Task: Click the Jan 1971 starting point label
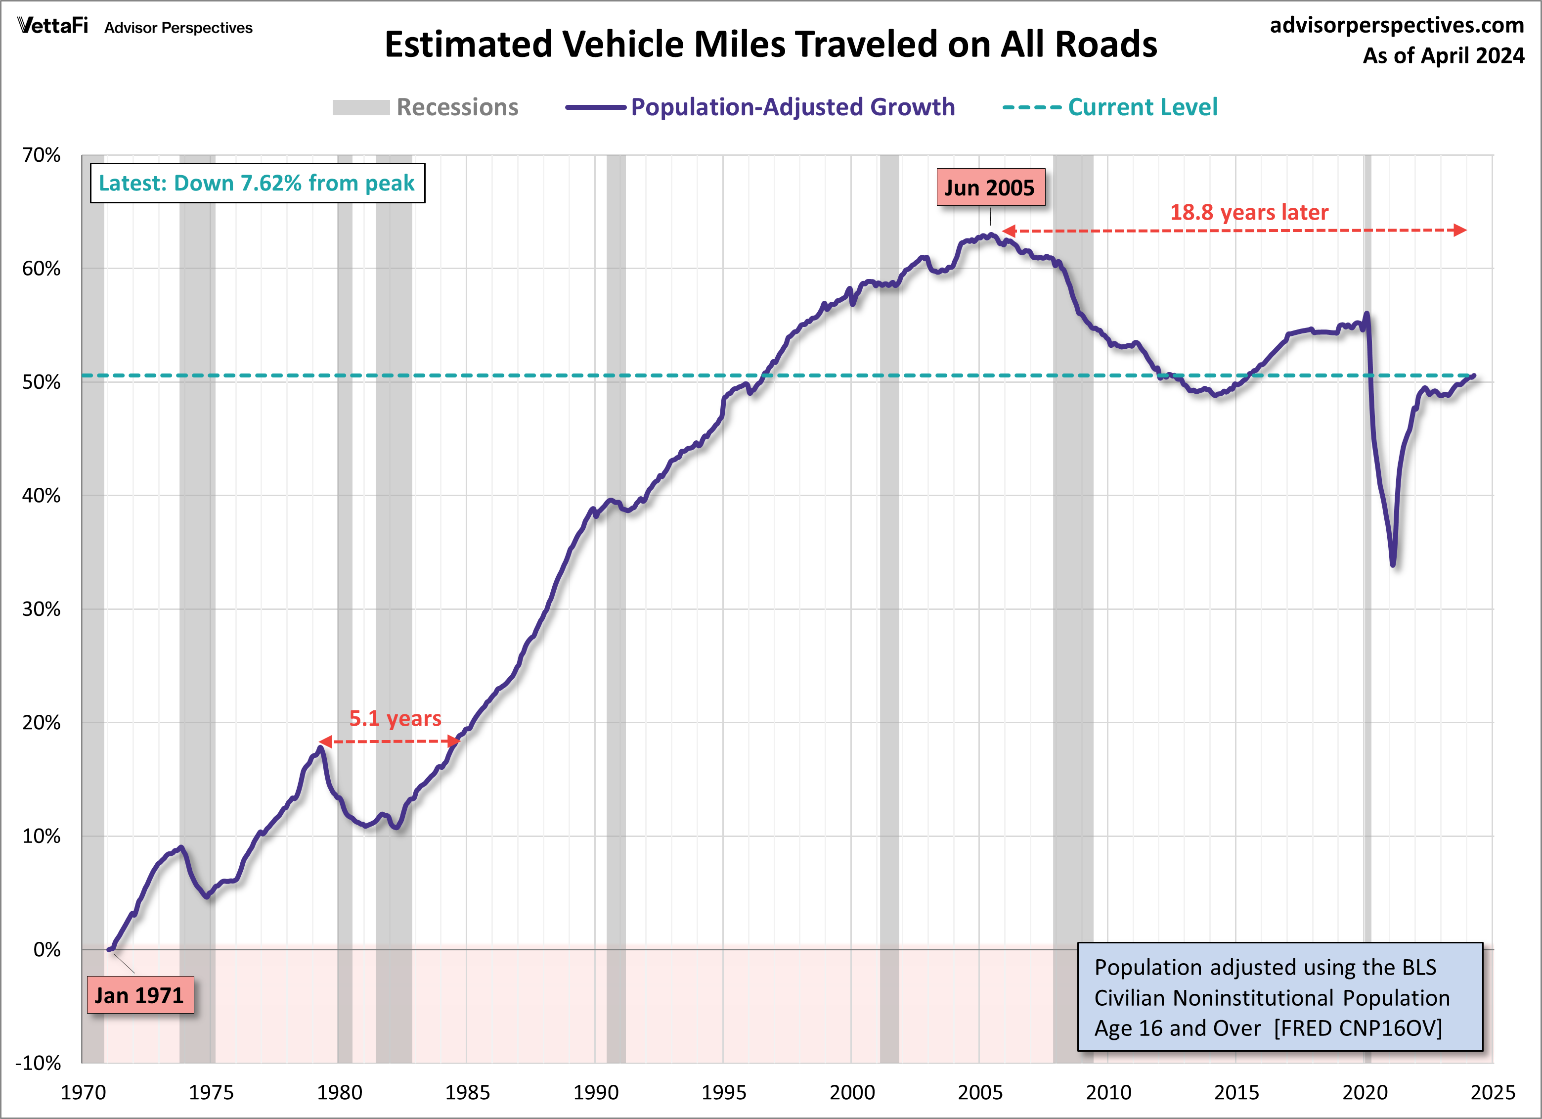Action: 140,995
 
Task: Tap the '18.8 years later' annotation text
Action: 1248,212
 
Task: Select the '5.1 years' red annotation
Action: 395,718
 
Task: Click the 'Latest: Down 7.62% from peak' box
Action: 257,183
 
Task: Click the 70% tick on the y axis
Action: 42,155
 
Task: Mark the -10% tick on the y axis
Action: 39,1063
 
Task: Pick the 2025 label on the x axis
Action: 1493,1092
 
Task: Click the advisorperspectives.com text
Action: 1397,25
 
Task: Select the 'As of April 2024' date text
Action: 1443,55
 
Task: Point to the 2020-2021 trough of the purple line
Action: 1393,563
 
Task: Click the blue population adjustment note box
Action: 1279,996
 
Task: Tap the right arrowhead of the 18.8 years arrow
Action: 1460,230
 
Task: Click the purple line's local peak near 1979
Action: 320,749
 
